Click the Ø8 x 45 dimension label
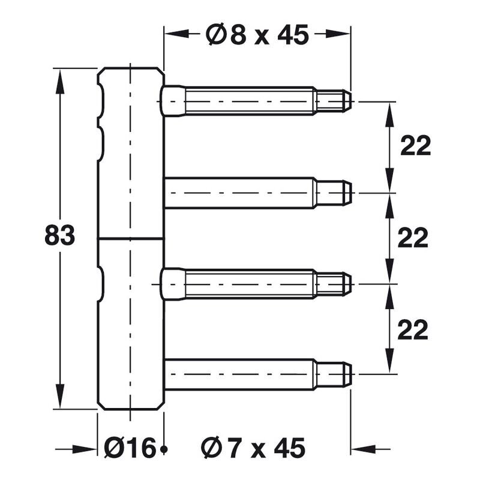(x=257, y=34)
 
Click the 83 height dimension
(x=59, y=235)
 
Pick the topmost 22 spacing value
(x=415, y=146)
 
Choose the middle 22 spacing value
(x=413, y=238)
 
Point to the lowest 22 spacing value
(x=413, y=329)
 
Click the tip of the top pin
(x=351, y=101)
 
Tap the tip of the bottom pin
(x=351, y=374)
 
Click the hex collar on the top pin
(x=173, y=101)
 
